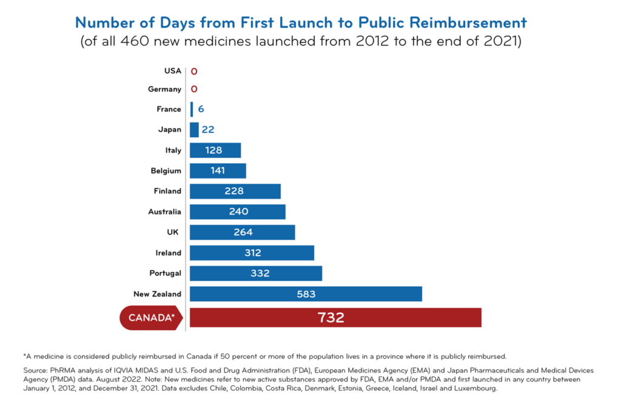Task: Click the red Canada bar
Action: [x=335, y=317]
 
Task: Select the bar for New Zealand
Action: [x=306, y=294]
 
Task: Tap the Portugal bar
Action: [x=255, y=273]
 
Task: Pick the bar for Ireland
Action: [x=252, y=253]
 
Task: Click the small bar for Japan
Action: [x=194, y=129]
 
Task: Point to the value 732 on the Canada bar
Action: [x=331, y=317]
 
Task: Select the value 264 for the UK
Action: [x=243, y=232]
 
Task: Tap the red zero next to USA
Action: [x=194, y=71]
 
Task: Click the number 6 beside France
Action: [x=201, y=109]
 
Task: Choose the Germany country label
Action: [x=164, y=89]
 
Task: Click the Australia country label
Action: [x=164, y=212]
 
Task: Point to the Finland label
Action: [x=167, y=191]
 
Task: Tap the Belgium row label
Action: [x=166, y=171]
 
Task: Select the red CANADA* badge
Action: [x=151, y=318]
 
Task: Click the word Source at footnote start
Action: [x=36, y=370]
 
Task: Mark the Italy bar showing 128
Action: [x=215, y=150]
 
